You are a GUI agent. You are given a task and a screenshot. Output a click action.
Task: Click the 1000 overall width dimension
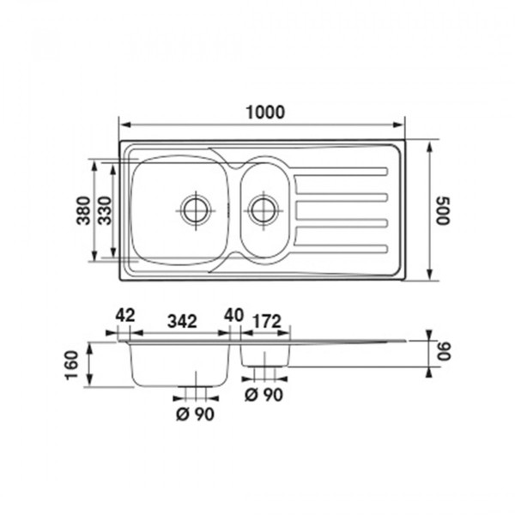tap(265, 112)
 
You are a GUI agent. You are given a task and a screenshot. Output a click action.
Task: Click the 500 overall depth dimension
tap(443, 211)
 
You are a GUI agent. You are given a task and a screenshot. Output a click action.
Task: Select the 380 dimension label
tap(83, 210)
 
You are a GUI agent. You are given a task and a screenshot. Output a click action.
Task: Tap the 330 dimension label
tap(106, 210)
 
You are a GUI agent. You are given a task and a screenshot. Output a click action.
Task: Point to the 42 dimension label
tap(125, 315)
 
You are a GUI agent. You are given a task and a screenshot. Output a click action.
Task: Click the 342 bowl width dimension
tap(182, 321)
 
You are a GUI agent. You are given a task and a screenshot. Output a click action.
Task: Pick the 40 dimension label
tap(233, 315)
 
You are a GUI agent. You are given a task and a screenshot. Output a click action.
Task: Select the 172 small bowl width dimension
tap(268, 321)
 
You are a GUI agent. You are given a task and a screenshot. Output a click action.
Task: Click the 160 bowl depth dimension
tap(72, 366)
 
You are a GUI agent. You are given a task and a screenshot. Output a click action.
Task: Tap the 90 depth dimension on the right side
tap(445, 351)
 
